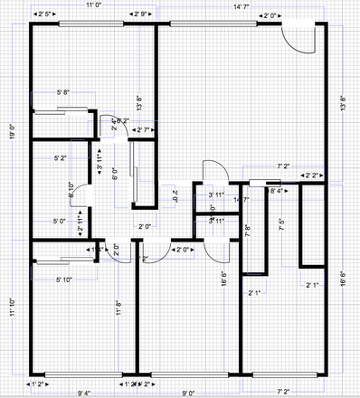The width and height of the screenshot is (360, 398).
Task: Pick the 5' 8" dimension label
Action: point(63,92)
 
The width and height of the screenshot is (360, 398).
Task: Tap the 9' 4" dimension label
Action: point(86,393)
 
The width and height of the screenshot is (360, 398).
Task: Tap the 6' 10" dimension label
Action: point(71,187)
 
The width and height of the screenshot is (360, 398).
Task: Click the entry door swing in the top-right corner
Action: point(298,41)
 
